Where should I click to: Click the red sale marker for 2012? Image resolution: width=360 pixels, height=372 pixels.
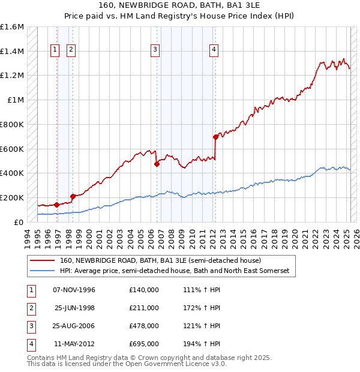pyautogui.click(x=215, y=137)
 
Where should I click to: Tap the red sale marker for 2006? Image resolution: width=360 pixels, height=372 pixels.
pyautogui.click(x=157, y=163)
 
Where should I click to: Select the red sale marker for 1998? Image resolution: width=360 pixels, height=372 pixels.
pyautogui.click(x=73, y=196)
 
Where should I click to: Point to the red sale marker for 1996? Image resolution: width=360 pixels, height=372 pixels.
pyautogui.click(x=56, y=205)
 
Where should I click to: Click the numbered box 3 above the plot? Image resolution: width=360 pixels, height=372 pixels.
pyautogui.click(x=155, y=50)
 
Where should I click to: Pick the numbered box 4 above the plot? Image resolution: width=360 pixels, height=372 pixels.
pyautogui.click(x=214, y=50)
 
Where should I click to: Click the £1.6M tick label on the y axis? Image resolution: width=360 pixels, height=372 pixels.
pyautogui.click(x=12, y=27)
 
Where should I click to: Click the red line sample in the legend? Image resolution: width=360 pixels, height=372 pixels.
pyautogui.click(x=43, y=261)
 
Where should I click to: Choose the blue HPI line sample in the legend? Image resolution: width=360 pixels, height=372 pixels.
pyautogui.click(x=43, y=271)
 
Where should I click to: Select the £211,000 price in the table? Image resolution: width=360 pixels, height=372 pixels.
pyautogui.click(x=144, y=308)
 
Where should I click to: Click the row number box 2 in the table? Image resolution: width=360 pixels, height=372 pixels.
pyautogui.click(x=30, y=308)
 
